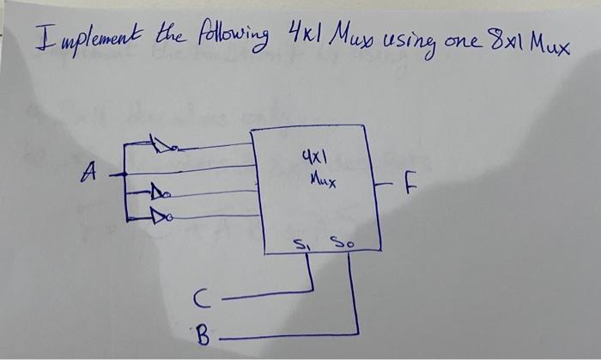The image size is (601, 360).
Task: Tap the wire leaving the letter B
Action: [283, 335]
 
